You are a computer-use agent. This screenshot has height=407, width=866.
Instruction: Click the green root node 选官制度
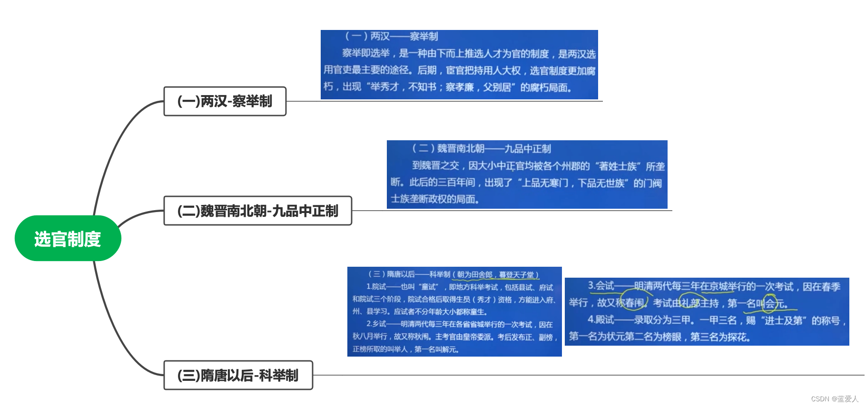(x=68, y=238)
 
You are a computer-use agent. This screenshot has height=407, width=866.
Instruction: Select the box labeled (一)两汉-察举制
(x=225, y=101)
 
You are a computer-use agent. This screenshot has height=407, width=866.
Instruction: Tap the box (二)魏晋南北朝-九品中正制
(x=257, y=211)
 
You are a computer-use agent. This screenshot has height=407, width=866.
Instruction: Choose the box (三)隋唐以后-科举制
(x=238, y=375)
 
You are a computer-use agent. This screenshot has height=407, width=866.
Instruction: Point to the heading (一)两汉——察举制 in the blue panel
(x=391, y=36)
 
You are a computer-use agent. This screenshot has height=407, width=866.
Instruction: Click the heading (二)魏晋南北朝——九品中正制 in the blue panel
(x=481, y=148)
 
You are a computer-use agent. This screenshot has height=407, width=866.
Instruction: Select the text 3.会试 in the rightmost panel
(x=600, y=286)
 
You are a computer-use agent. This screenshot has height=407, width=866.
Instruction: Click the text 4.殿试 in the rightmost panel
(x=600, y=320)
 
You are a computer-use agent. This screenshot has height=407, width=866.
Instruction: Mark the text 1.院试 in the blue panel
(x=376, y=287)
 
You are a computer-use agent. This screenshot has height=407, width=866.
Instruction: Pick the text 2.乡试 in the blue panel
(x=376, y=324)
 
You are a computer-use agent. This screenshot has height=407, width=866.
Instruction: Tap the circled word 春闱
(x=635, y=303)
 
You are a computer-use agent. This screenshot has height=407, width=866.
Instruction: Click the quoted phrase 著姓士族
(x=618, y=166)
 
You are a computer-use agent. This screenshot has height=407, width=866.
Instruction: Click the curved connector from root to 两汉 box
(x=117, y=143)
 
